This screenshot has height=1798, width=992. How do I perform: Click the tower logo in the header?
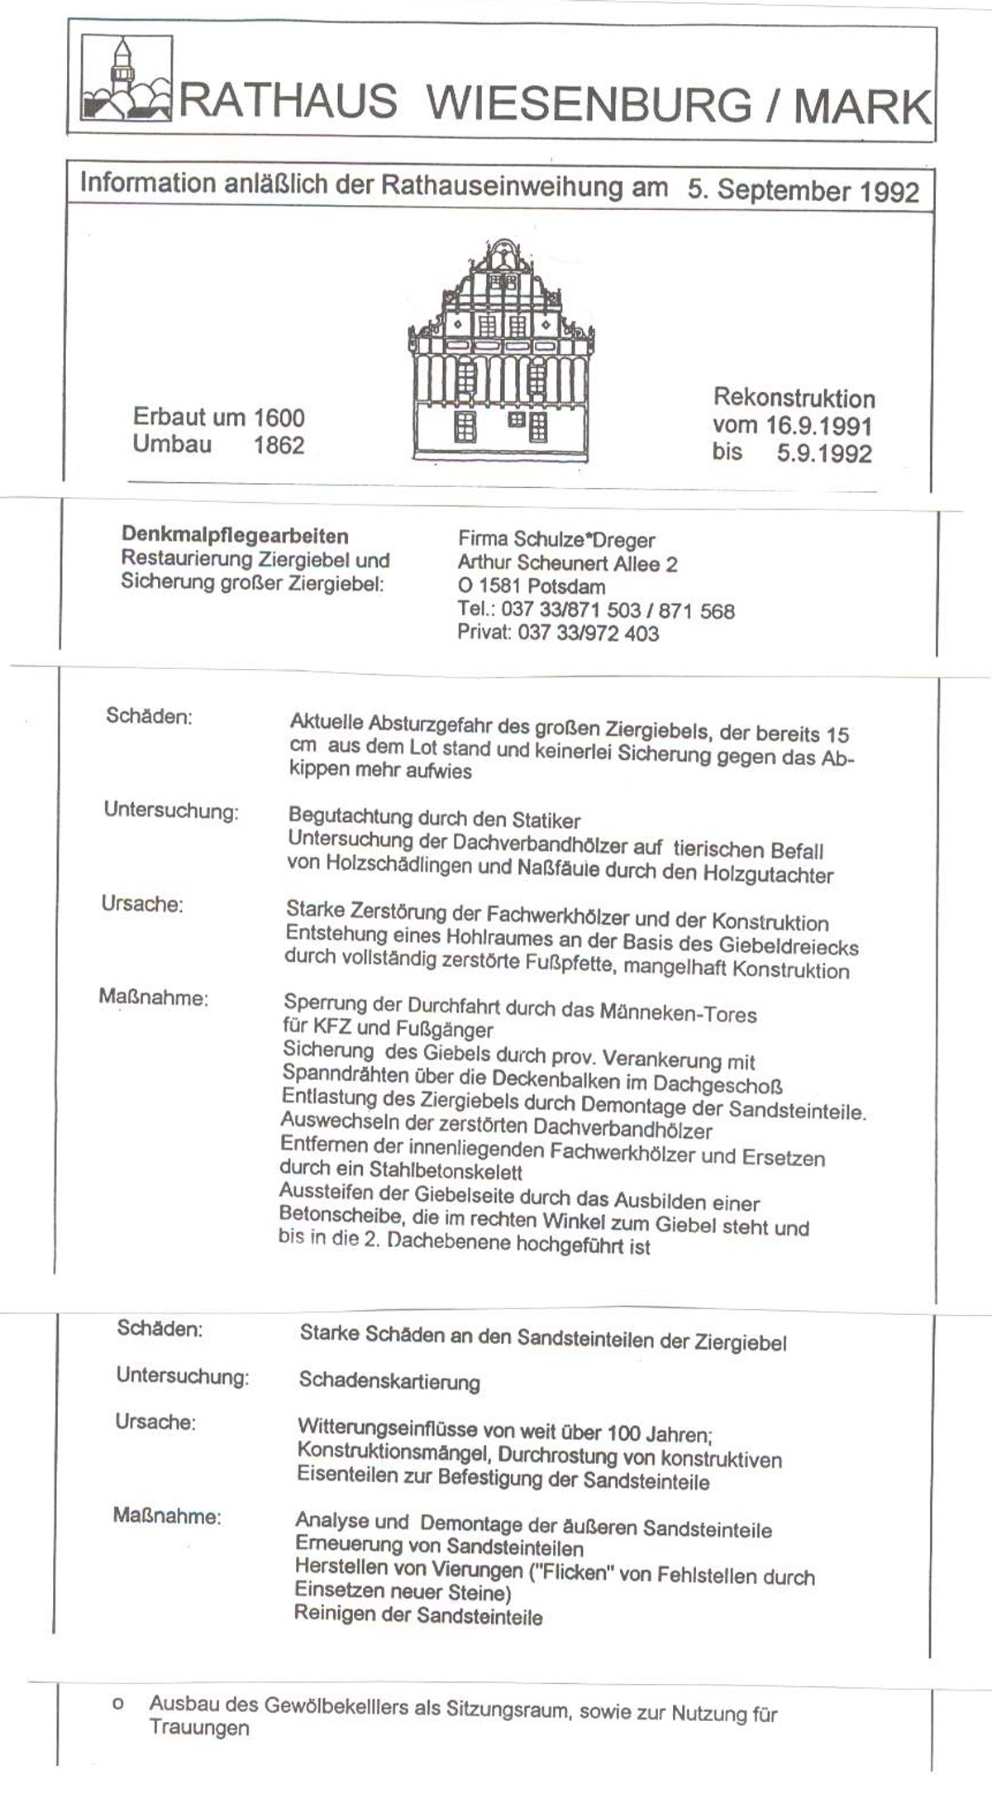tap(127, 79)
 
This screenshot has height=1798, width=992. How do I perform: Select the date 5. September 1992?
tap(803, 191)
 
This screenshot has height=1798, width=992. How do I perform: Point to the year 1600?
tap(279, 418)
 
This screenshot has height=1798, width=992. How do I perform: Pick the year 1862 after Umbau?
tap(279, 445)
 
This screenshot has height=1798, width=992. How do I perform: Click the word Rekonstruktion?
tap(794, 399)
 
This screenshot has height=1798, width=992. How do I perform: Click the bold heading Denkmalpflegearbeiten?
tap(235, 536)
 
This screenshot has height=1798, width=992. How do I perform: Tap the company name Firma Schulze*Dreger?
tap(556, 540)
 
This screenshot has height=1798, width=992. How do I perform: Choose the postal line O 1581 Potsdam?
tap(531, 587)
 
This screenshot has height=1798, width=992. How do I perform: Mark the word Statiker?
tap(546, 820)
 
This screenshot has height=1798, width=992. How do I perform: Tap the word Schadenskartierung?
tap(389, 1381)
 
